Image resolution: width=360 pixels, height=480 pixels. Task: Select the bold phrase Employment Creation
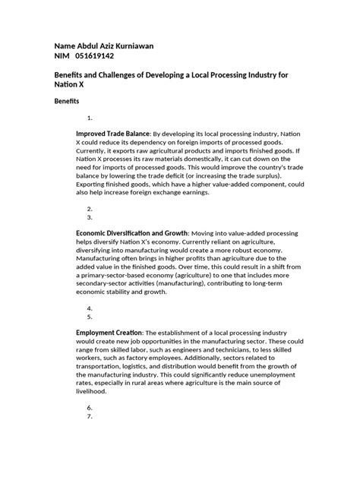tap(109, 332)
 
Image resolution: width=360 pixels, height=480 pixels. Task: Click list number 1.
tap(90, 118)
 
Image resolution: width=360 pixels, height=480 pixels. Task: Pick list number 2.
tap(90, 207)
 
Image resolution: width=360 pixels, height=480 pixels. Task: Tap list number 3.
tap(90, 216)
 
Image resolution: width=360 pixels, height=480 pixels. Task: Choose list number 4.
tap(90, 308)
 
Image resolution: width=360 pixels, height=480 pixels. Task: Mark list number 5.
tap(90, 317)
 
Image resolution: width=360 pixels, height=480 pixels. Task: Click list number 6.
tap(90, 407)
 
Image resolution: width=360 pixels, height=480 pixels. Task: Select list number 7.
tap(90, 416)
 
